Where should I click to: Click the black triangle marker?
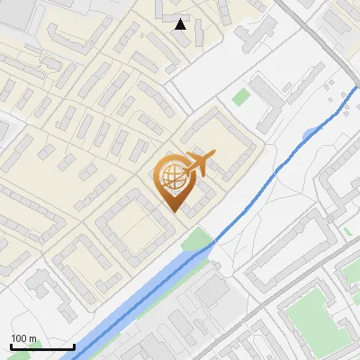click(x=181, y=23)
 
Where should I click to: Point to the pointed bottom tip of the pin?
click(x=174, y=211)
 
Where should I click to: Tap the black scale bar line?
click(x=42, y=346)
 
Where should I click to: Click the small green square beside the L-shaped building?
click(x=240, y=96)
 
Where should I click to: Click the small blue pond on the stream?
click(x=310, y=134)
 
